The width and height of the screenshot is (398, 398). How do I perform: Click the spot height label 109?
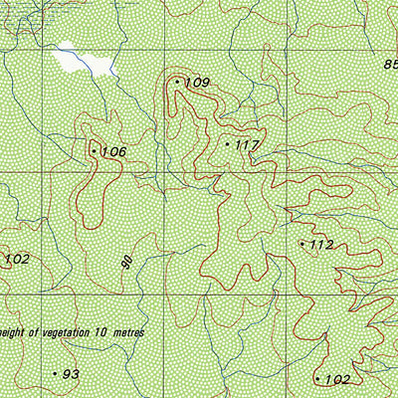(197, 83)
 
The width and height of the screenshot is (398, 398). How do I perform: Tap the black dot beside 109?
(177, 82)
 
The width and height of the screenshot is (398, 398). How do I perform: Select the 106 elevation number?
(113, 151)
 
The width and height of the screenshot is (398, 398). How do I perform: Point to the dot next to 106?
(94, 151)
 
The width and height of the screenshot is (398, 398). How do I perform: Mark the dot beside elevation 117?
(227, 144)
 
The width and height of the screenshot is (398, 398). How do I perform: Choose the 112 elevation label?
(321, 245)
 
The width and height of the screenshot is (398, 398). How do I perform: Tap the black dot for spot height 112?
(302, 243)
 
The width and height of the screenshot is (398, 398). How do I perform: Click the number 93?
(71, 374)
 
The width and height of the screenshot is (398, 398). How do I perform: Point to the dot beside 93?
(55, 373)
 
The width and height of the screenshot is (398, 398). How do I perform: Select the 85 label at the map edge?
(389, 65)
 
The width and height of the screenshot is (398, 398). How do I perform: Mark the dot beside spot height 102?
(317, 379)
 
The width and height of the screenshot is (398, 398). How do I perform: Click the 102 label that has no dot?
(17, 260)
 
